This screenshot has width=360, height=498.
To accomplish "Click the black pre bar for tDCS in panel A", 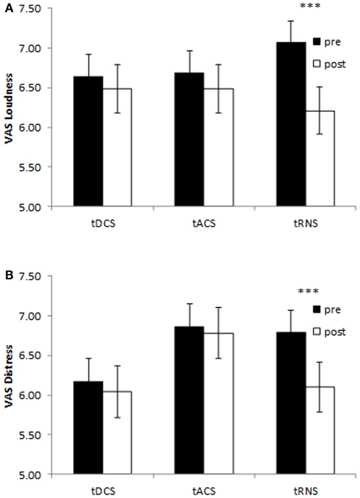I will [88, 141].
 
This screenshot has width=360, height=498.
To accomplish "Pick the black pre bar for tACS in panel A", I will [189, 140].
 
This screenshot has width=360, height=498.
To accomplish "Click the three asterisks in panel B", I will [308, 291].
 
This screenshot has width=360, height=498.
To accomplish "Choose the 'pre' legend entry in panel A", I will [327, 41].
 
